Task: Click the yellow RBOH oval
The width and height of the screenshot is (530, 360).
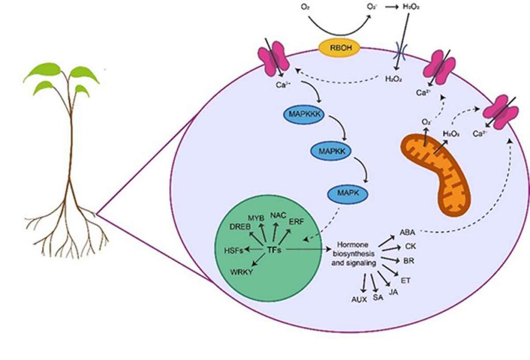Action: tap(340, 48)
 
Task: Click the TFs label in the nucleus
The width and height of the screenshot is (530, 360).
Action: tap(274, 250)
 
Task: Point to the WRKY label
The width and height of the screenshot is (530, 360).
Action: tap(241, 272)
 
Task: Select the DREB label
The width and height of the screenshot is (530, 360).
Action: tap(240, 227)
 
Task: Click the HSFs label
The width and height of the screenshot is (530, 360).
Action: tap(234, 250)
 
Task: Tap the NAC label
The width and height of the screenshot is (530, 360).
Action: tap(278, 215)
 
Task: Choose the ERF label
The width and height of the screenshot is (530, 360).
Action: tap(297, 221)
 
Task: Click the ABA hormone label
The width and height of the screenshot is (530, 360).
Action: tap(407, 232)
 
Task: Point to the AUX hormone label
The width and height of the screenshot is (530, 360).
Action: tap(359, 299)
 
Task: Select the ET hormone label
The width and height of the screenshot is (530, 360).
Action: tap(405, 280)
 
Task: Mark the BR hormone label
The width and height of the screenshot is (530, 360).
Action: tap(409, 261)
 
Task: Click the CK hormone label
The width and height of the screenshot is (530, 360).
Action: tap(410, 247)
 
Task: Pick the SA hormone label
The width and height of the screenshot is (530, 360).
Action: tap(378, 297)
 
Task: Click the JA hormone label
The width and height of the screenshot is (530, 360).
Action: tap(393, 292)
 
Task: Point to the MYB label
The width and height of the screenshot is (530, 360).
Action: tap(256, 218)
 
